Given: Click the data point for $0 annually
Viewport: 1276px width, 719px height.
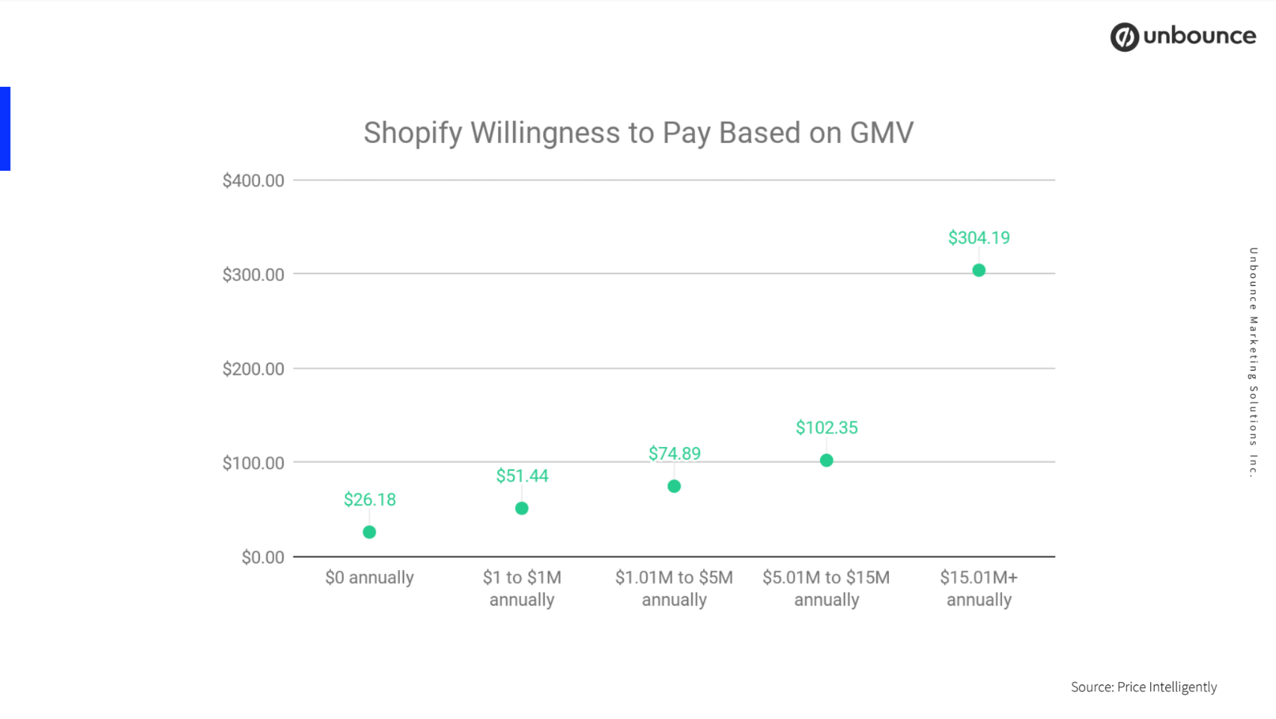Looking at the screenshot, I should (x=369, y=532).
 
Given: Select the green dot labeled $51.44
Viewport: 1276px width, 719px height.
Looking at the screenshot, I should (x=522, y=509).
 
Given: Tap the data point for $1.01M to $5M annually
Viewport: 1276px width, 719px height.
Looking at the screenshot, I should (x=674, y=486).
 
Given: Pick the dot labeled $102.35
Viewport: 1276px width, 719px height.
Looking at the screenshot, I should (x=827, y=460).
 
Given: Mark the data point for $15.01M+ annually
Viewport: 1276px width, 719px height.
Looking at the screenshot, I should (x=979, y=270).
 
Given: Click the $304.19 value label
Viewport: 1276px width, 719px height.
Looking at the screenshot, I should (x=979, y=238).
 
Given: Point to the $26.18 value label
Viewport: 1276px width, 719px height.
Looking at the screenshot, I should (x=369, y=500).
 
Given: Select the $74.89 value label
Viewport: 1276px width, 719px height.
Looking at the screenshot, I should (x=674, y=454).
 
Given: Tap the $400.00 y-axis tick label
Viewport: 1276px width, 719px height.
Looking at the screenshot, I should (x=253, y=180).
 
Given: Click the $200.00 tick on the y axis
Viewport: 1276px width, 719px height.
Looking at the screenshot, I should (x=253, y=368).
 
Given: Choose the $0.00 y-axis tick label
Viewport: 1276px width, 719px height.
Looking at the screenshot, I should (x=262, y=557).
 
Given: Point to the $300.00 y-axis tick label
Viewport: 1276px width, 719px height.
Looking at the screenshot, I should (x=253, y=275).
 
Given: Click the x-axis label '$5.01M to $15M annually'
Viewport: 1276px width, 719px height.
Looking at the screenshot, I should (x=826, y=588).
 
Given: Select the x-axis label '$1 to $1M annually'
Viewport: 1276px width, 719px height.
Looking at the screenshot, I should (x=522, y=588).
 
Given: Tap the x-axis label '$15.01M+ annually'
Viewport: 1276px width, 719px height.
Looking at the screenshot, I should (x=979, y=588).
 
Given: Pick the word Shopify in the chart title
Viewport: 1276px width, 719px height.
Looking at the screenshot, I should (x=413, y=133).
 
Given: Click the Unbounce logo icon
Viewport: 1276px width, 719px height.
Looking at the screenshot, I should (x=1124, y=37).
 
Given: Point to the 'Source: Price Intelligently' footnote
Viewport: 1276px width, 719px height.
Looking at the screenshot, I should (x=1143, y=687).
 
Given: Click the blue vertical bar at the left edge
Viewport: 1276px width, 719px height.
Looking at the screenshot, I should (x=4, y=129).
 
